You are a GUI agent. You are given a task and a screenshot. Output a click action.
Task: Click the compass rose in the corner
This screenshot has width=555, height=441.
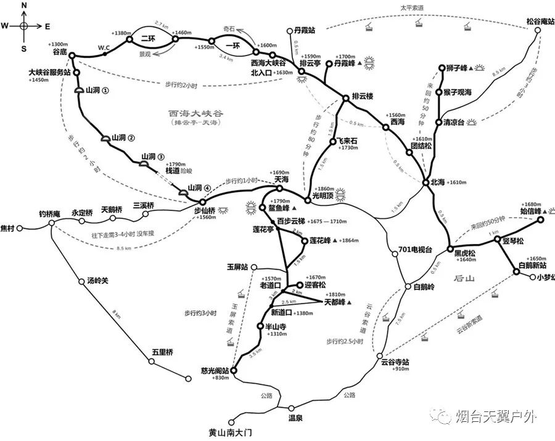click(23, 26)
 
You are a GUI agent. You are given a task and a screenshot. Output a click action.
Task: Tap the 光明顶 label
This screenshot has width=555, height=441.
click(323, 197)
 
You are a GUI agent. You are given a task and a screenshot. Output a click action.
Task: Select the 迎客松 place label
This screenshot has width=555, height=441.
click(317, 286)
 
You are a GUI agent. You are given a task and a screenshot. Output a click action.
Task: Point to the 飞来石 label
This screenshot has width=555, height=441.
click(346, 141)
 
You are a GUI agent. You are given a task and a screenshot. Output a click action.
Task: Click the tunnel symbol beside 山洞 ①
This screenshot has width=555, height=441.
click(79, 91)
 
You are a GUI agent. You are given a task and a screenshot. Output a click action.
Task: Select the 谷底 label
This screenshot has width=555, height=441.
click(60, 53)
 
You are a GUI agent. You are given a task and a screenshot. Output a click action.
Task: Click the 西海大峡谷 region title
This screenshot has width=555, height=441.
click(195, 113)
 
